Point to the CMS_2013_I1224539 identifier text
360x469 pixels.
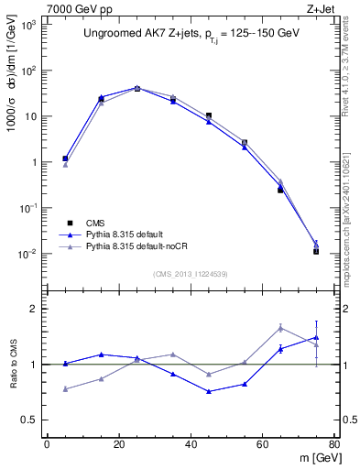(190, 273)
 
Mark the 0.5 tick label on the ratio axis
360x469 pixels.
(32, 420)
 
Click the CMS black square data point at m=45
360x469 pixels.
(209, 116)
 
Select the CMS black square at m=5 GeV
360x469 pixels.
(65, 158)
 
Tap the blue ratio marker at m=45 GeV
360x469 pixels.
(209, 391)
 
